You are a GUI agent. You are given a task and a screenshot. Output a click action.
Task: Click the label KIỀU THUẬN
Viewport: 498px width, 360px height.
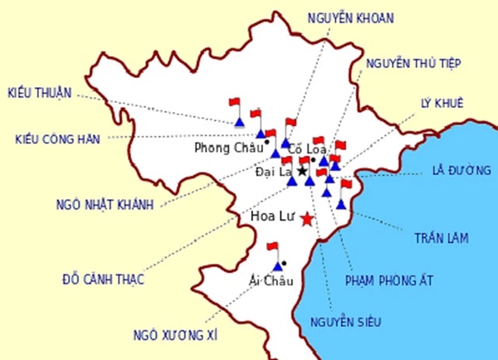pyautogui.click(x=40, y=91)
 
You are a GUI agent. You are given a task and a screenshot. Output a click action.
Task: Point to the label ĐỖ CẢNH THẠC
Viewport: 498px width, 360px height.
pyautogui.click(x=104, y=279)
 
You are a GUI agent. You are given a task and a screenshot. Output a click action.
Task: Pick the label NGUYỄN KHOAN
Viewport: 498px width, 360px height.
pyautogui.click(x=349, y=17)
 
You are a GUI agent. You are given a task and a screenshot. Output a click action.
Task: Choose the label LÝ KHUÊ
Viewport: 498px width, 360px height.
pyautogui.click(x=442, y=104)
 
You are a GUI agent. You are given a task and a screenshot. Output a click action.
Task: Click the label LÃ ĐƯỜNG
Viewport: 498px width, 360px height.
pyautogui.click(x=456, y=172)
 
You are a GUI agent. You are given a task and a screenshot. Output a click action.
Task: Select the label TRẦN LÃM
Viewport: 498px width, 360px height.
pyautogui.click(x=442, y=238)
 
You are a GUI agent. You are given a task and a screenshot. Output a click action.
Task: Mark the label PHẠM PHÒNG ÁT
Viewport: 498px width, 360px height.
pyautogui.click(x=390, y=280)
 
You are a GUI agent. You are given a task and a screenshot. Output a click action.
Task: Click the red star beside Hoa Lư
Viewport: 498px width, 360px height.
pyautogui.click(x=307, y=219)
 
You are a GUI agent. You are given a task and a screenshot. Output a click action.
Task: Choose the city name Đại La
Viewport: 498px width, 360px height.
pyautogui.click(x=274, y=173)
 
